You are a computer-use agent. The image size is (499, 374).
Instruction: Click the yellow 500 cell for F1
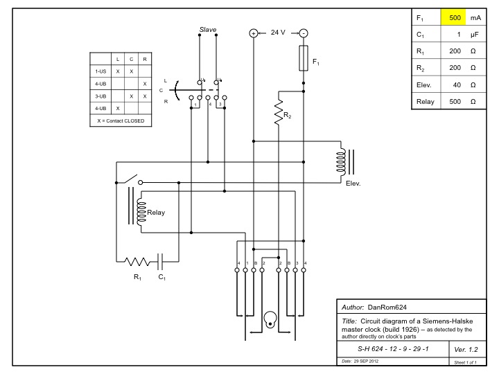pyautogui.click(x=454, y=18)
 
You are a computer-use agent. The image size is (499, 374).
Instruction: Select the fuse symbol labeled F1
pyautogui.click(x=303, y=58)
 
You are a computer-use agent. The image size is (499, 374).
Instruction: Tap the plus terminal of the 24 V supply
pyautogui.click(x=254, y=33)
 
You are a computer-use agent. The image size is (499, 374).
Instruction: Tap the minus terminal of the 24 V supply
pyautogui.click(x=303, y=33)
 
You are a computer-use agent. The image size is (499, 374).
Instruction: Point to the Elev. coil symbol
pyautogui.click(x=341, y=163)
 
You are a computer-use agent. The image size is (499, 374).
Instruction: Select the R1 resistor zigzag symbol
pyautogui.click(x=137, y=262)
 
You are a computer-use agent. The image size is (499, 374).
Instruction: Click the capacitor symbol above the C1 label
pyautogui.click(x=161, y=262)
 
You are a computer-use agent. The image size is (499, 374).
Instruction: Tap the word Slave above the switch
pyautogui.click(x=208, y=30)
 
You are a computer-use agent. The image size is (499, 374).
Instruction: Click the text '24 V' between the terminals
pyautogui.click(x=278, y=33)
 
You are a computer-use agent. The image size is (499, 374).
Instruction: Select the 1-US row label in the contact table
pyautogui.click(x=100, y=71)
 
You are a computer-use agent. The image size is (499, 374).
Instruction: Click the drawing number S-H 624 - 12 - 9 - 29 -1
pyautogui.click(x=392, y=349)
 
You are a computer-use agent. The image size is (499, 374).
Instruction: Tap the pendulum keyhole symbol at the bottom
pyautogui.click(x=270, y=321)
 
